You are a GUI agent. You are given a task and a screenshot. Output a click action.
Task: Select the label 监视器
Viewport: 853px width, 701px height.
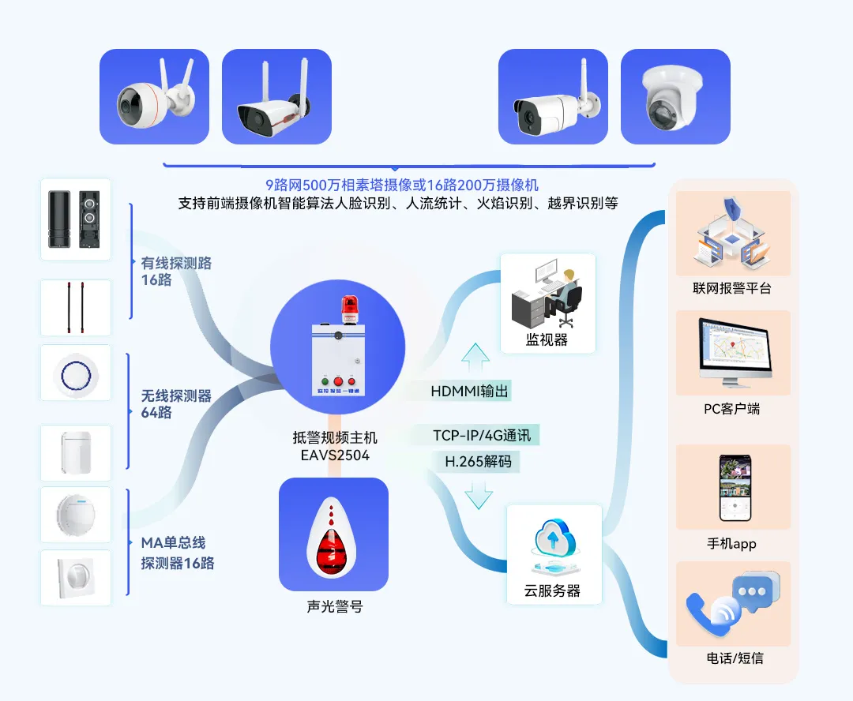point(547,340)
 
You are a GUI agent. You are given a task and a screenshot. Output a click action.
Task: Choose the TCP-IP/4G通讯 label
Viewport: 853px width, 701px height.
point(482,435)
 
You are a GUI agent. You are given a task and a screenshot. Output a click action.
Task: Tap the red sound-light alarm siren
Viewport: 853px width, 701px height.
point(333,536)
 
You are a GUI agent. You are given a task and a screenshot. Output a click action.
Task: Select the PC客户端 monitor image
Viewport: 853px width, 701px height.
point(733,353)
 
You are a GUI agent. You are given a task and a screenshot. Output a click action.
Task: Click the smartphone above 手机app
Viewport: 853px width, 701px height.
point(733,487)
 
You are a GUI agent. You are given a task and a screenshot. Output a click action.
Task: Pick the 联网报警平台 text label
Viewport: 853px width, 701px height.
point(731,288)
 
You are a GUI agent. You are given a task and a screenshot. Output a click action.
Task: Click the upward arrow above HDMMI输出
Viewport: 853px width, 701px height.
point(475,358)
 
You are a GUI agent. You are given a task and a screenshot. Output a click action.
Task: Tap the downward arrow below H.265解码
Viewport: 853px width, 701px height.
point(478,496)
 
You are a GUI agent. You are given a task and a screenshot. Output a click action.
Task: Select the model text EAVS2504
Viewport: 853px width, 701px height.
point(335,455)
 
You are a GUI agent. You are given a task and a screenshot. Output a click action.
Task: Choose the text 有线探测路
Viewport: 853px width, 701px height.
point(176,264)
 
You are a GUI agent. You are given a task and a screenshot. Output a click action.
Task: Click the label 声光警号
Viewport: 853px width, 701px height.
point(334,607)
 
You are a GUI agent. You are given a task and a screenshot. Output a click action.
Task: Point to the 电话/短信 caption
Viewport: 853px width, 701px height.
point(735,658)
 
